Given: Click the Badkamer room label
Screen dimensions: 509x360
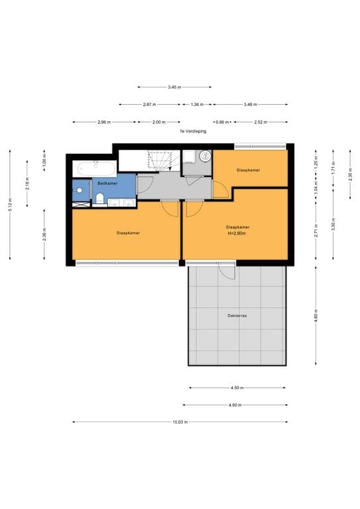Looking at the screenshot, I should (107, 183).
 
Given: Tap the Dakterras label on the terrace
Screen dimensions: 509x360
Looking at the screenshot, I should (237, 316).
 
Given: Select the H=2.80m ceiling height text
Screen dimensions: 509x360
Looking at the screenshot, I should (237, 233).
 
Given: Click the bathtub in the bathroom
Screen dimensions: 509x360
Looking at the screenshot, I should (95, 166).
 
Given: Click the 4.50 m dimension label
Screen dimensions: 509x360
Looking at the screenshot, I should (237, 388).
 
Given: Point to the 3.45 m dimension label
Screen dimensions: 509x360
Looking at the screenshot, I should (174, 87).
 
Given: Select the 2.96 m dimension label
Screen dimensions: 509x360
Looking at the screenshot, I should (104, 122).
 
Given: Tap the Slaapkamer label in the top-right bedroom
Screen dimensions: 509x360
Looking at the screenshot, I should (248, 170).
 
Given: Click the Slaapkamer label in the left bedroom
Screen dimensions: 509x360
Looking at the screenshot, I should (127, 233).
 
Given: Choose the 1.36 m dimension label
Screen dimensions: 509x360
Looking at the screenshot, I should (197, 104).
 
